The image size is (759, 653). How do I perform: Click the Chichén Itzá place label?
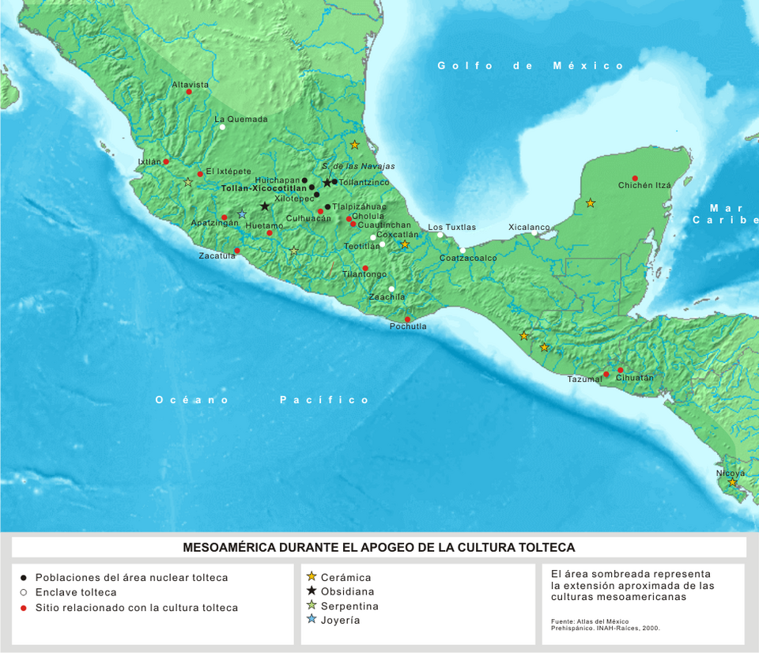point(644,185)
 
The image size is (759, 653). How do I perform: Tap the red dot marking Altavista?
point(189,92)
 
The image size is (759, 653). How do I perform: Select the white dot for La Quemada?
point(223,126)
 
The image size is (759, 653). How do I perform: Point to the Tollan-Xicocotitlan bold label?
point(263,189)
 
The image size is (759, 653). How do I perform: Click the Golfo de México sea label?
point(531,66)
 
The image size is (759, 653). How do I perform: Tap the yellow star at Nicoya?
point(732,482)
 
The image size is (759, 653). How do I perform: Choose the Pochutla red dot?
point(407,319)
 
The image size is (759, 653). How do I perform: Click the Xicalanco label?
point(529,227)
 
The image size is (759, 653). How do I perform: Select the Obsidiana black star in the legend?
point(312,591)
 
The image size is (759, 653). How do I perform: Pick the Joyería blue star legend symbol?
point(312,620)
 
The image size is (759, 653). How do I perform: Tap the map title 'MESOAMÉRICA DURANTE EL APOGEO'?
point(379,547)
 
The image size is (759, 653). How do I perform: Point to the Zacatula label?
point(217,256)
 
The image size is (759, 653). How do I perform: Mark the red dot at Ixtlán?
point(166,161)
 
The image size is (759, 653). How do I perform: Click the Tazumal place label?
point(584,379)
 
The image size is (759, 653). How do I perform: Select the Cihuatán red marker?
point(621,370)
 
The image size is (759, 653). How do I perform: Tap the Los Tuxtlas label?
point(452,227)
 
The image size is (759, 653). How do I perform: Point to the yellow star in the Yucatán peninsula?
point(590,203)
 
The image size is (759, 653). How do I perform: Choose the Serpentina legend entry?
point(347,606)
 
